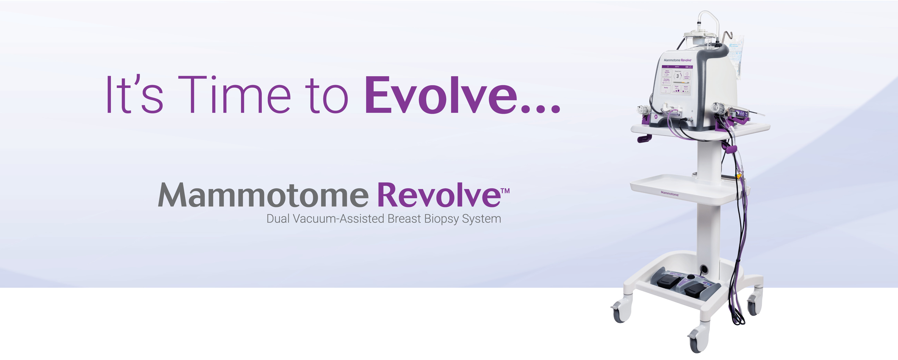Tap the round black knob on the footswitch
pos(691,276)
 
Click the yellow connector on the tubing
pos(738,176)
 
